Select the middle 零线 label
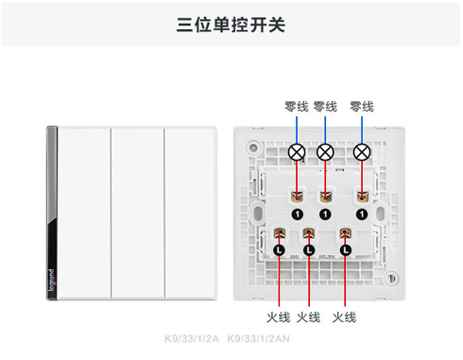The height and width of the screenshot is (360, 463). (x=325, y=106)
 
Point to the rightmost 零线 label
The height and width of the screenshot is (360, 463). (x=362, y=106)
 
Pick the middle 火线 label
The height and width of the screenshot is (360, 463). (x=308, y=317)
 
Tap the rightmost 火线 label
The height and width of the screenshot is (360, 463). (x=345, y=317)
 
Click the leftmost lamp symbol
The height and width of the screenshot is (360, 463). (x=297, y=151)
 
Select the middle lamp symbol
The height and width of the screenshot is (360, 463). (x=325, y=151)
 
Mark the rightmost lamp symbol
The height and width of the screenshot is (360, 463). (x=361, y=151)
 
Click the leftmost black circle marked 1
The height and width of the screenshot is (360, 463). (x=297, y=215)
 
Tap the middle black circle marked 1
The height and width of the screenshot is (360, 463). (x=325, y=215)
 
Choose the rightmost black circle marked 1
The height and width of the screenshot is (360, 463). (x=361, y=215)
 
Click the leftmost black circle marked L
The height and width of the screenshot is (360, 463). (x=279, y=249)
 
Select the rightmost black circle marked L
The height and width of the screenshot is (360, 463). (x=345, y=249)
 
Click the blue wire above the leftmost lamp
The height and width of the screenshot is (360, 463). (x=297, y=129)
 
